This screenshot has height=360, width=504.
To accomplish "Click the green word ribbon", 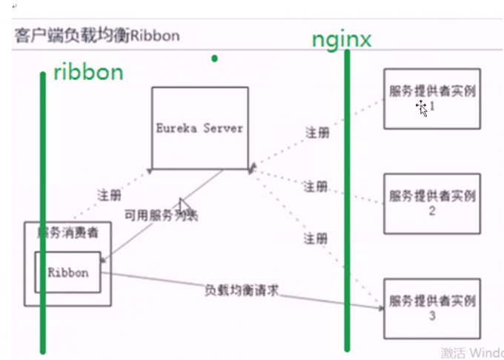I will (87, 73).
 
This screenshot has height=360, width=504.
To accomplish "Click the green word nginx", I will (341, 39).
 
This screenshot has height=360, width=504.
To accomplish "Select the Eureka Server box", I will (199, 127).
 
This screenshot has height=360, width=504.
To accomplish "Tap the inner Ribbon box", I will (67, 272).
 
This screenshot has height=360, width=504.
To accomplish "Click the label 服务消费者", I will (68, 233).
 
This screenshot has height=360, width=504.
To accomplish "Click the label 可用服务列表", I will (161, 215).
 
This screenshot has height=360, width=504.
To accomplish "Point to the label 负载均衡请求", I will (242, 290).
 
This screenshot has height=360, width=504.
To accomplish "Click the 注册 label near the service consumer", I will (109, 195).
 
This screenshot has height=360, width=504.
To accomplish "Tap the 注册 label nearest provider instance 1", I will (318, 133).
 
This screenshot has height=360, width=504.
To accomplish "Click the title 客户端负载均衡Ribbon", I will (97, 36).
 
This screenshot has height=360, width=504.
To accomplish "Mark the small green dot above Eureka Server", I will (214, 58).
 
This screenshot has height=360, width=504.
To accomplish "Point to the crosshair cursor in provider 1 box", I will (422, 107).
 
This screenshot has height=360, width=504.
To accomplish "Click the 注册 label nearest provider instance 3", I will (316, 239).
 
